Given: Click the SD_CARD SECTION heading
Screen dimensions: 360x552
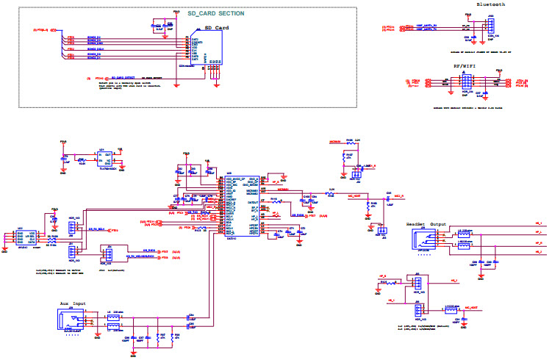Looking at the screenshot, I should pos(215,13).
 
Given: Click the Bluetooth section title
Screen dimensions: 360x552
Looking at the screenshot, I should pos(491,4).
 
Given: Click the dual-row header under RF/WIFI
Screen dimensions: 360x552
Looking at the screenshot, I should pos(465,82).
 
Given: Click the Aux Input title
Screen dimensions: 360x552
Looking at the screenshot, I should pos(74,303).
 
